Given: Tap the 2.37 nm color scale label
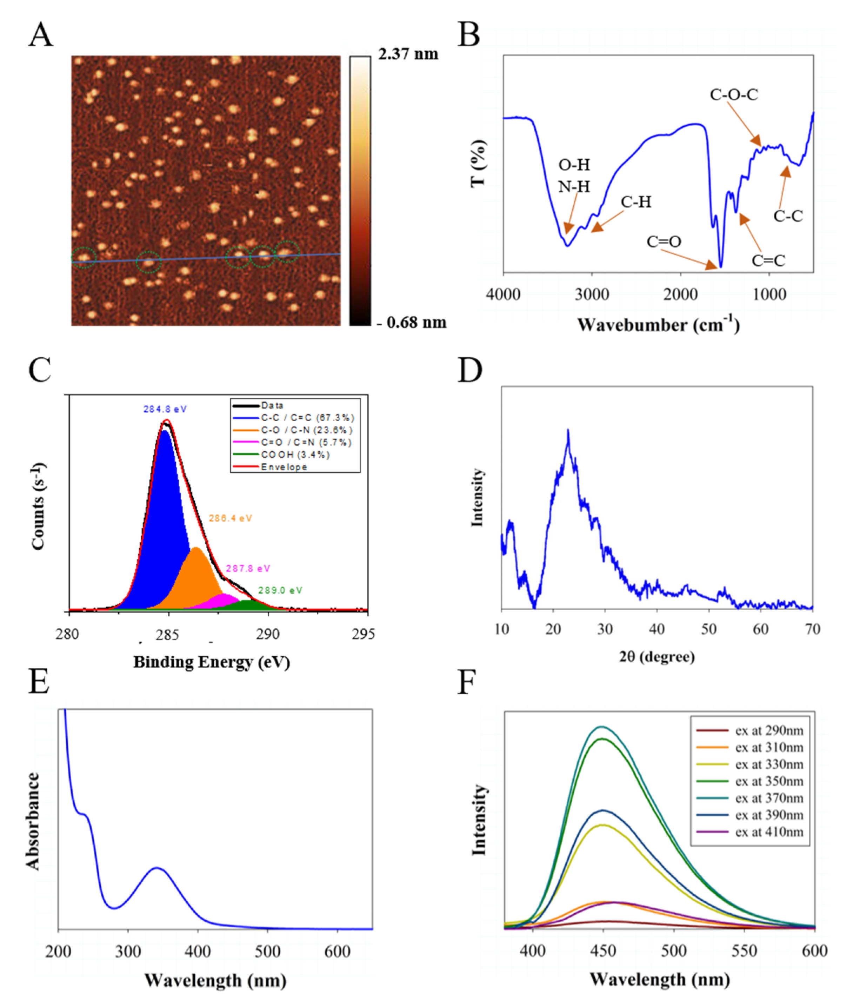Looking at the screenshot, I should pyautogui.click(x=408, y=54).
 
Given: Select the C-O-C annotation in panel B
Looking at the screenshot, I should pyautogui.click(x=734, y=94).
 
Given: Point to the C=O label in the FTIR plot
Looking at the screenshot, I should pyautogui.click(x=664, y=241).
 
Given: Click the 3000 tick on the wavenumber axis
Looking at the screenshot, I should pyautogui.click(x=591, y=294).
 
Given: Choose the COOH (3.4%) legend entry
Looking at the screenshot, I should pyautogui.click(x=295, y=455).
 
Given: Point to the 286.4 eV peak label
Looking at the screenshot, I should pyautogui.click(x=230, y=518).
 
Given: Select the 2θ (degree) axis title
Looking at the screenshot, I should pyautogui.click(x=657, y=657).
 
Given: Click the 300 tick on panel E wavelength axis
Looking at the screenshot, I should pyautogui.click(x=128, y=952).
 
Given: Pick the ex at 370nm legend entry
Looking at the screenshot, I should pyautogui.click(x=769, y=798).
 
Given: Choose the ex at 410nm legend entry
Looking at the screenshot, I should pyautogui.click(x=769, y=832).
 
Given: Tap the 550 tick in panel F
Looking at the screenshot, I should pyautogui.click(x=744, y=951).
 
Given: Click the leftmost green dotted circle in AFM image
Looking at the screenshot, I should pyautogui.click(x=84, y=257).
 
